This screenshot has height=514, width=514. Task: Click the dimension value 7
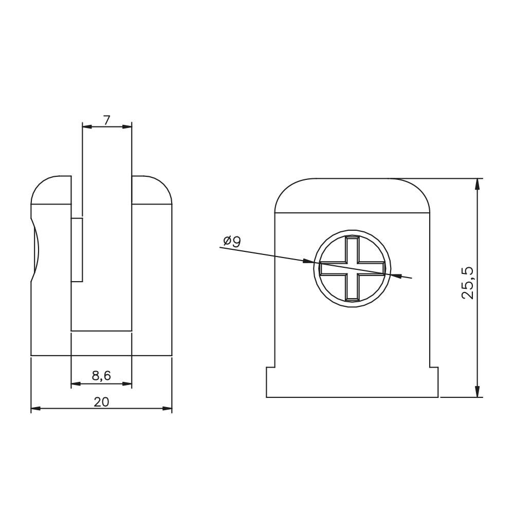(106, 121)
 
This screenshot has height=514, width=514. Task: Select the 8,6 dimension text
(101, 376)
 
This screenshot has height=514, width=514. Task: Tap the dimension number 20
(101, 402)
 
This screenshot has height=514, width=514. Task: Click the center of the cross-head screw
(353, 268)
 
